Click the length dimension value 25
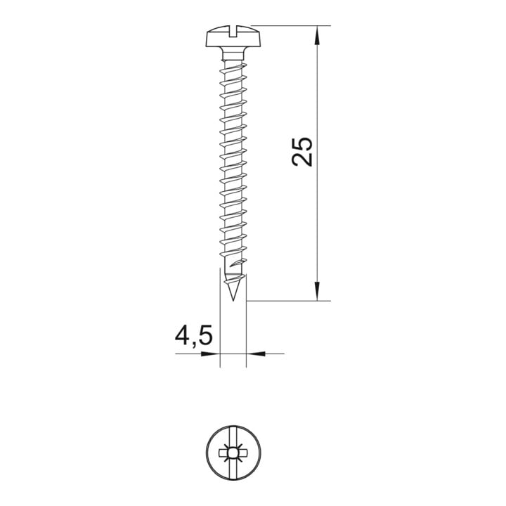click(x=302, y=152)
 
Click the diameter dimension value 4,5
click(x=194, y=337)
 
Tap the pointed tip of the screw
click(x=233, y=300)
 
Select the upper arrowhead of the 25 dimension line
click(x=318, y=34)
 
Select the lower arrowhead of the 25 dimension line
click(x=318, y=292)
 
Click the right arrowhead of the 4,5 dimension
click(x=256, y=353)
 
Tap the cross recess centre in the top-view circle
click(x=233, y=453)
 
